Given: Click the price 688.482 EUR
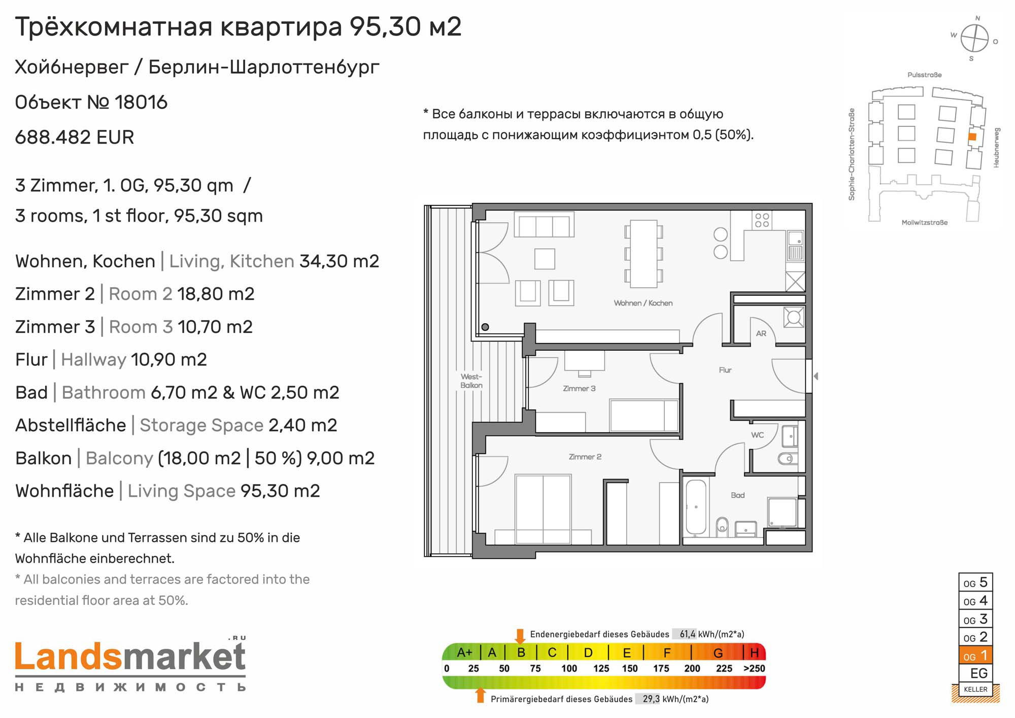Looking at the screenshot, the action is [x=75, y=138].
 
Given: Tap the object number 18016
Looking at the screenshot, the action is [x=141, y=102].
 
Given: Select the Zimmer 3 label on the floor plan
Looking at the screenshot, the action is [x=579, y=389].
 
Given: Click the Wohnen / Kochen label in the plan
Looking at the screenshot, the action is [x=643, y=303].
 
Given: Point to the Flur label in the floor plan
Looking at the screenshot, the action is [x=725, y=370].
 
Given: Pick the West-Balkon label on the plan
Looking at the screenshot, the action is [x=471, y=381].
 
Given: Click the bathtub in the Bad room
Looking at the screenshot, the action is [x=696, y=507].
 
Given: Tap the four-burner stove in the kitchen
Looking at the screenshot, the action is [x=762, y=220].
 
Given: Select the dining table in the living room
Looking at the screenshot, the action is [x=644, y=254].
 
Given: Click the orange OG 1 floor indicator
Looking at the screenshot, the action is [x=975, y=655].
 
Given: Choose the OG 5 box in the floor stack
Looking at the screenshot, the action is [x=975, y=583].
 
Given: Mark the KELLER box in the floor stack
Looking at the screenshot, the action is [x=975, y=689].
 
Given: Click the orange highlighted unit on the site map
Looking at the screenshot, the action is [x=972, y=136].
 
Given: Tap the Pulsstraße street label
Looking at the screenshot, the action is [x=925, y=75].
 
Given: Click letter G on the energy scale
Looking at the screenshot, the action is [x=718, y=653].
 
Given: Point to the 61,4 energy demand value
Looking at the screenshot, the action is [x=688, y=634].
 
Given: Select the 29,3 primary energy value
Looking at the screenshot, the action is [x=651, y=699].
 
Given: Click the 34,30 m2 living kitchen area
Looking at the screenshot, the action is [x=339, y=261].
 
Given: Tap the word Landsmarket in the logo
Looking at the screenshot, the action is [x=130, y=657].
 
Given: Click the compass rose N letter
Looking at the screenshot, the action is [x=977, y=18].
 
